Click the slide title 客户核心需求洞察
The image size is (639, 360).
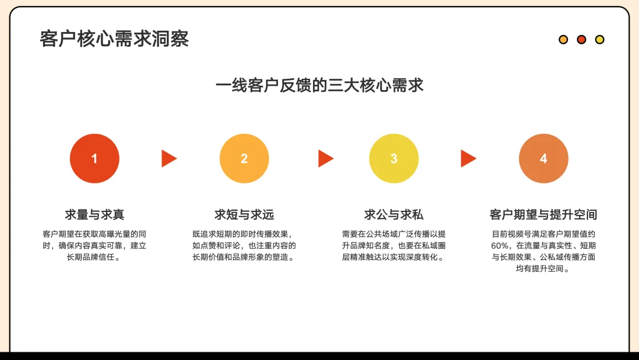(x=114, y=39)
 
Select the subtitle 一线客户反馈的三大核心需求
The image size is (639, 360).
(x=319, y=85)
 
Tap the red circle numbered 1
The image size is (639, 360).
(x=95, y=159)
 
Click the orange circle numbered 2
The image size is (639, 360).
(x=244, y=159)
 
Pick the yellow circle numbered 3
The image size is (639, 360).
(x=394, y=159)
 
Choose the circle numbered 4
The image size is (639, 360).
(x=544, y=159)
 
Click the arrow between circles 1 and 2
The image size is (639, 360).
(x=169, y=159)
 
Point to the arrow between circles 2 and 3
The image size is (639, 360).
(x=325, y=159)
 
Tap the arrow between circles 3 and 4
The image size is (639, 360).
(x=468, y=159)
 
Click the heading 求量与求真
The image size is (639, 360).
(x=95, y=214)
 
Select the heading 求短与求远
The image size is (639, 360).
(x=244, y=214)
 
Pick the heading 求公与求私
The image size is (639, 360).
(x=394, y=214)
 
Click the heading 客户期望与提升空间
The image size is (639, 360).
(x=544, y=214)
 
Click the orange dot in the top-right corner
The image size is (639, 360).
(x=563, y=40)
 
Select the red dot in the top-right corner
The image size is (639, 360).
(x=582, y=40)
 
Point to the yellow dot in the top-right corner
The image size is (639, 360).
(x=599, y=40)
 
